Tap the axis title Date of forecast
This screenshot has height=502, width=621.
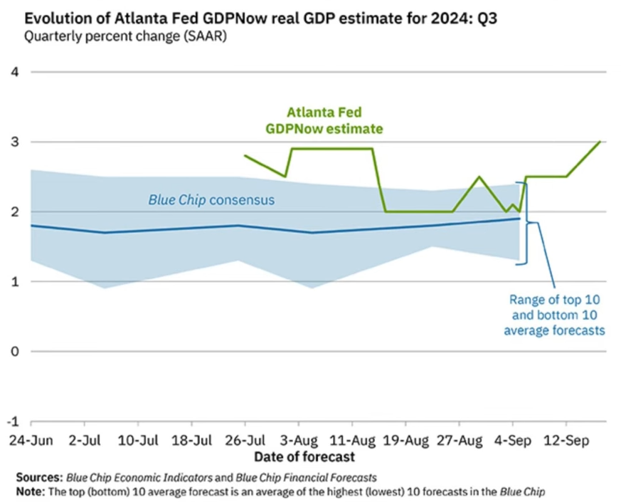[304, 456]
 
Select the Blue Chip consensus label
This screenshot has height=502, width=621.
[211, 201]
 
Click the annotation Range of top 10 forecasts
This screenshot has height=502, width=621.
[553, 315]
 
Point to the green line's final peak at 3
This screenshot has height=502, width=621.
[600, 142]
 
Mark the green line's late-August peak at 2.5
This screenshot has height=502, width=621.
[479, 177]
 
